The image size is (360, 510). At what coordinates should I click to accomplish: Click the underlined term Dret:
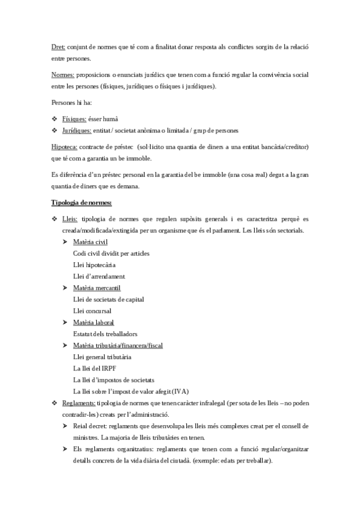point(58,46)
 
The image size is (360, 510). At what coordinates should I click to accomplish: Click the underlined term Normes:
point(63,75)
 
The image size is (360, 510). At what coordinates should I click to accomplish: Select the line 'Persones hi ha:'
point(71,103)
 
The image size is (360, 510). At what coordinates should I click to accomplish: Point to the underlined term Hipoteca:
point(66,147)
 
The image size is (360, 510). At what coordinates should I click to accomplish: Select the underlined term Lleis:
point(69,220)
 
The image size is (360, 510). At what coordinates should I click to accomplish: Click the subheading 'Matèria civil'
point(90,242)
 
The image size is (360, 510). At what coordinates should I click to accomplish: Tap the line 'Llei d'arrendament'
point(99,276)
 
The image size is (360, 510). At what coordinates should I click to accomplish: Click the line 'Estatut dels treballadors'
point(105,334)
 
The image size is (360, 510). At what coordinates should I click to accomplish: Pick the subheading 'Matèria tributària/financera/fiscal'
point(118,346)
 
